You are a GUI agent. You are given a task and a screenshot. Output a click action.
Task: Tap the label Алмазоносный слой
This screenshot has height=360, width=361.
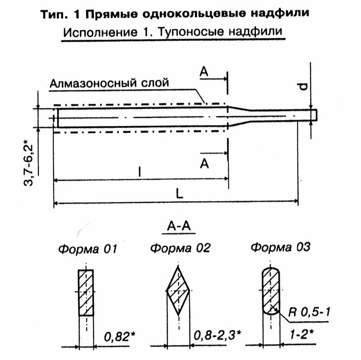pos(110,83)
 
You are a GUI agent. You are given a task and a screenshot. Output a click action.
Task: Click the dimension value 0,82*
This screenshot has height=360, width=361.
pos(118,337)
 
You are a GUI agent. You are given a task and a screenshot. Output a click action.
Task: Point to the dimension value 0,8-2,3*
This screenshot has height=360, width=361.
pos(218,336)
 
